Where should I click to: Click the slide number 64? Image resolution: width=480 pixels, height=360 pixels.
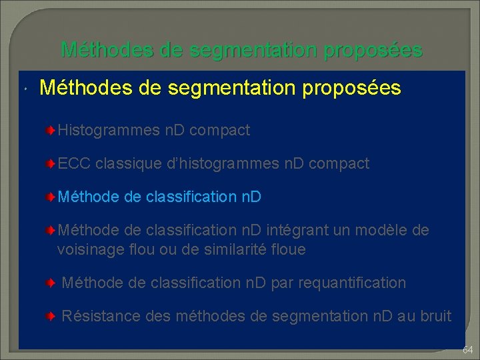[x=467, y=349]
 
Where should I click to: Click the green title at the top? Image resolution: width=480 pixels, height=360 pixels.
[x=241, y=49]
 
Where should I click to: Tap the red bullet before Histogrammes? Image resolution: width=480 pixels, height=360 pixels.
[x=51, y=131]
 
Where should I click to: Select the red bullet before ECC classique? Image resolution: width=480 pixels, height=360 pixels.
[x=51, y=164]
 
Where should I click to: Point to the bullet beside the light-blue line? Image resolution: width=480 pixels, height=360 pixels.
[x=51, y=197]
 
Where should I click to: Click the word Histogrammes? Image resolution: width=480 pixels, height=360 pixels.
[x=109, y=131]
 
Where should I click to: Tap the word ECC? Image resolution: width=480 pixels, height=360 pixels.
[x=74, y=164]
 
